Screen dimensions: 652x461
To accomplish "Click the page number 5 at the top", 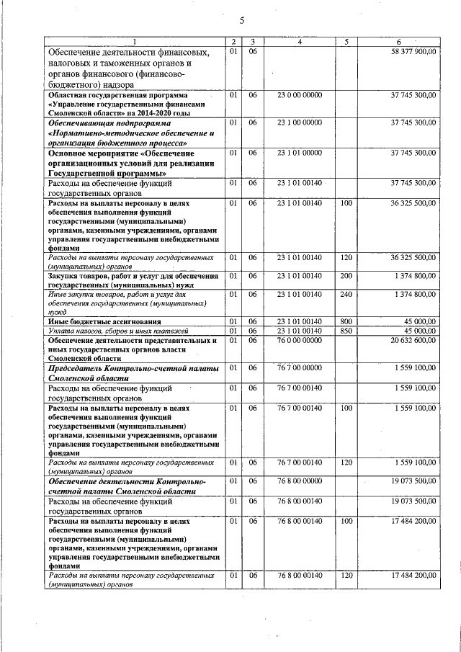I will pos(242,20).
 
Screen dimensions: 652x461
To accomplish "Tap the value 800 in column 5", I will pos(346,321).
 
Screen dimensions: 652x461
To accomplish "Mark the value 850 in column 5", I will pos(346,330).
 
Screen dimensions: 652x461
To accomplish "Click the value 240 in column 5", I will pos(346,293).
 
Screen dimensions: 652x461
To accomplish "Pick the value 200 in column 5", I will pos(346,276).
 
